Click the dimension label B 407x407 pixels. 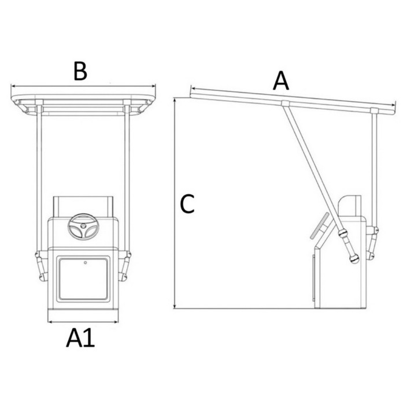coord(80,71)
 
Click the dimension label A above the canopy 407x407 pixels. coord(281,81)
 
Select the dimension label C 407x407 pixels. coord(187,204)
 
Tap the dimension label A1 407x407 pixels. coord(80,338)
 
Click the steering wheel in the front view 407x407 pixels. coord(83,227)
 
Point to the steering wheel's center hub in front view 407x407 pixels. coord(83,226)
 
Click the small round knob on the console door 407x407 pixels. coord(86,262)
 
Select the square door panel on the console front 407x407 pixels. coord(83,279)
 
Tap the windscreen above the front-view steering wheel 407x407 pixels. coord(83,206)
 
